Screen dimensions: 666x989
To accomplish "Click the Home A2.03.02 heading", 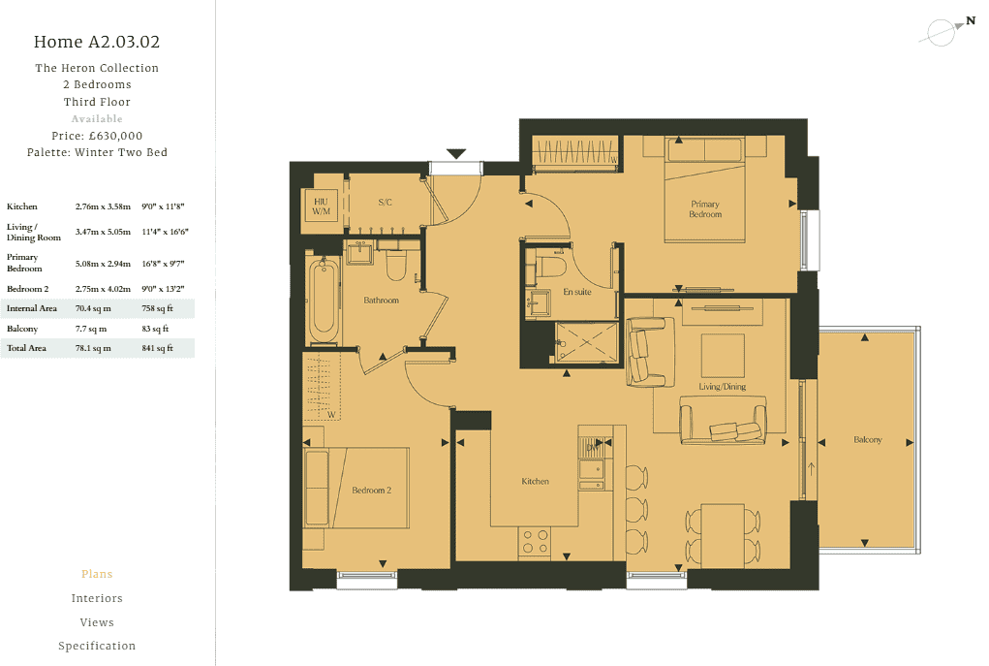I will [97, 42].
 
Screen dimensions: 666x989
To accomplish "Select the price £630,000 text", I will [97, 136].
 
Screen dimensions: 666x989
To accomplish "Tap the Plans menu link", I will [97, 574].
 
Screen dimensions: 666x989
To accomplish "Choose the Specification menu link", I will [97, 646].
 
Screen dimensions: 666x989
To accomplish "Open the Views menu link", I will [97, 622].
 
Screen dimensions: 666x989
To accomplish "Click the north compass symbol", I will [945, 31].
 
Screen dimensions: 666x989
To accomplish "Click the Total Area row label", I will [26, 348].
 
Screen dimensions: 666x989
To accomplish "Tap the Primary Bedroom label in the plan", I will [705, 208].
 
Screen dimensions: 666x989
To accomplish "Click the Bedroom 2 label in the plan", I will [371, 491].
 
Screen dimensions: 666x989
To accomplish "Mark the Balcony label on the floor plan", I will [867, 440].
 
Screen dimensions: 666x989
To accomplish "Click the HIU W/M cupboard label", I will [321, 206].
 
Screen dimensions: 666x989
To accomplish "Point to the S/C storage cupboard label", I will [385, 202].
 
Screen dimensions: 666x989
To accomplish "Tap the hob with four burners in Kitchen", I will [535, 541].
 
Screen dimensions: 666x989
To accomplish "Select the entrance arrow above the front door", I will [456, 154].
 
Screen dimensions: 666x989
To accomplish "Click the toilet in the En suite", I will [553, 267].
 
